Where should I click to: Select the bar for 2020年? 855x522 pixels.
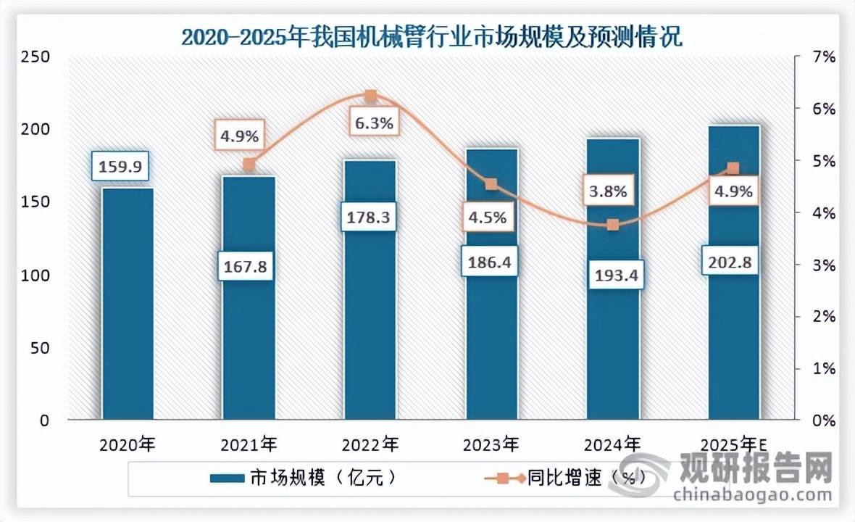click(128, 304)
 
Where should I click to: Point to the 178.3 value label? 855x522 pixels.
click(368, 217)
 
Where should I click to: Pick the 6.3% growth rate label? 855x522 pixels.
click(373, 123)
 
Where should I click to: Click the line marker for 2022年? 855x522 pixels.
click(370, 96)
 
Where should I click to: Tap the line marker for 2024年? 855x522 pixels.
click(613, 225)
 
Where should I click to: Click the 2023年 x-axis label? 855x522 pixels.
click(492, 442)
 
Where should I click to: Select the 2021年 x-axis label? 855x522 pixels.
click(249, 442)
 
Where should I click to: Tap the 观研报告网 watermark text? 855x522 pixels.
click(754, 469)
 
